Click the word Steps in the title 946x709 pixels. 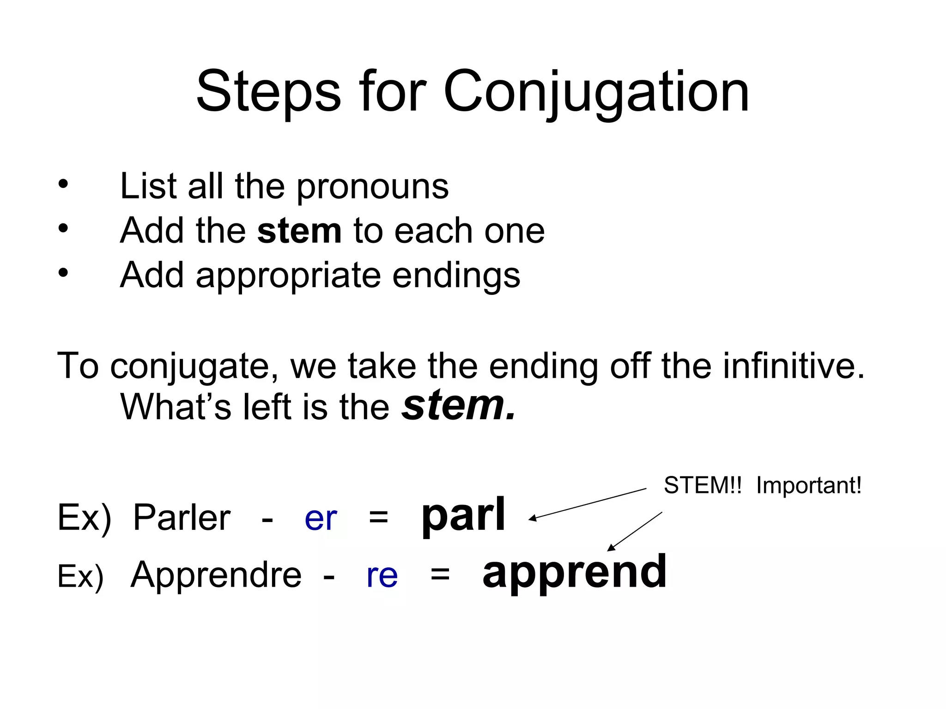pos(268,92)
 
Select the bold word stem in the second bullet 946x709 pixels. pos(299,231)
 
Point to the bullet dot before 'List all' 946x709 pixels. pos(63,185)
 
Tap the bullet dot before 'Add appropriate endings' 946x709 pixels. pos(63,273)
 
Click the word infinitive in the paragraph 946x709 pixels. pos(793,366)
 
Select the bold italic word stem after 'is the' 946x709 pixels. pos(458,406)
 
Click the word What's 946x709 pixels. pos(176,407)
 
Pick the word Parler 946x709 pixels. pos(182,518)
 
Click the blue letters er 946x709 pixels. pos(321,519)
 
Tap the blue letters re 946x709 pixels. pos(382,576)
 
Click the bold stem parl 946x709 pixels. pos(463,516)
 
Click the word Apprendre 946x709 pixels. pos(216,575)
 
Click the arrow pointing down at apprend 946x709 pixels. pos(635,531)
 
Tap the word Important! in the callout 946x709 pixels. pos(808,486)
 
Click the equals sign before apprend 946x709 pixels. pos(440,575)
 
